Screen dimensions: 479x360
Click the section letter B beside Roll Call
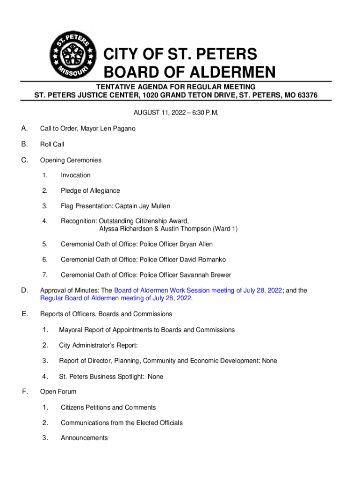[24, 144]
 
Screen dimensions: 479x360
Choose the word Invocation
[76, 175]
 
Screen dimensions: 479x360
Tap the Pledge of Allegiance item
[90, 191]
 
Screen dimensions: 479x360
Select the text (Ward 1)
[225, 229]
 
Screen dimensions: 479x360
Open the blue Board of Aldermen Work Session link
[198, 290]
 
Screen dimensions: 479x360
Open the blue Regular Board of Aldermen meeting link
[116, 298]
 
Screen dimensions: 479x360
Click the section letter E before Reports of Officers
[24, 314]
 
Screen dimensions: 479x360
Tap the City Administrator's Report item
[98, 346]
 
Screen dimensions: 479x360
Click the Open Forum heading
[58, 392]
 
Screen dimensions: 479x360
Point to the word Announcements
[84, 438]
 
